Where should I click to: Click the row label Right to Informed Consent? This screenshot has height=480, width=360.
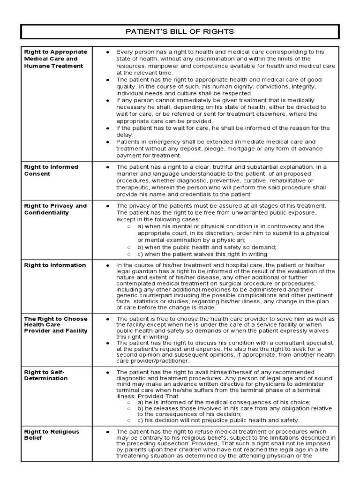point(51,170)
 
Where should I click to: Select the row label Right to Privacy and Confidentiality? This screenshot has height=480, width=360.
point(55,209)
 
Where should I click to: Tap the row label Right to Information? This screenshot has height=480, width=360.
point(55,265)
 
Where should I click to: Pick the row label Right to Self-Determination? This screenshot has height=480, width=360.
point(45,375)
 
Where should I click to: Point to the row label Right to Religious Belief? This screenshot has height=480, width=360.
point(52,435)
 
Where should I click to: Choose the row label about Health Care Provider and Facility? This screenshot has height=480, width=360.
point(56,324)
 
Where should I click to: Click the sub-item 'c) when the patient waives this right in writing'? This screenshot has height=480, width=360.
point(202,254)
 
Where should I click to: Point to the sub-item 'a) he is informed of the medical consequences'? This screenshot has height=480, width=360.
point(224,402)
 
